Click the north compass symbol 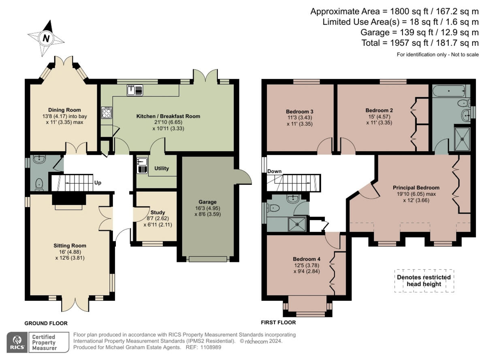point(46,39)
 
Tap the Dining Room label point(64,110)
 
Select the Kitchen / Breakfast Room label point(168,116)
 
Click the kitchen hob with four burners point(107,113)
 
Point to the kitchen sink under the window point(134,90)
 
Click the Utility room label point(162,168)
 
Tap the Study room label point(158,212)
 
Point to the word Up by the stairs point(98,183)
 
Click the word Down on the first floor point(274,171)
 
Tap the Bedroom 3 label point(300,111)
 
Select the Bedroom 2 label point(379,110)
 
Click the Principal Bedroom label point(416,188)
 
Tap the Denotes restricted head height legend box point(424,281)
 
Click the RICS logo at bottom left point(17,342)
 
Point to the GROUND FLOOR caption point(46,323)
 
